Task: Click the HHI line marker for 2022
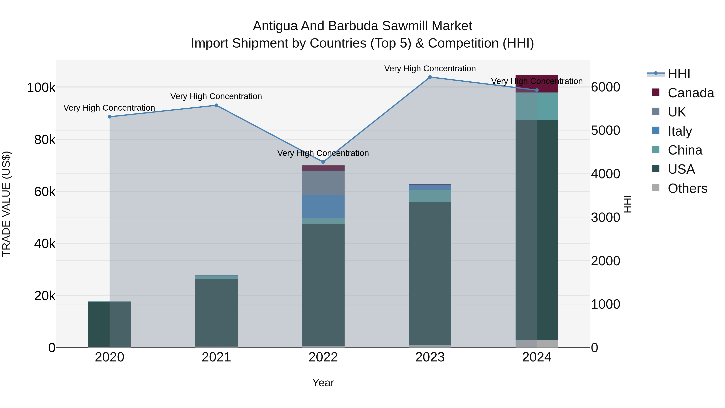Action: pyautogui.click(x=323, y=162)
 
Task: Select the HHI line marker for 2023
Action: pyautogui.click(x=430, y=77)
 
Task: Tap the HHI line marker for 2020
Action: pyautogui.click(x=110, y=117)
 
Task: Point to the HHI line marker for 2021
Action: pyautogui.click(x=216, y=105)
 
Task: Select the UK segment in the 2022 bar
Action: pyautogui.click(x=323, y=183)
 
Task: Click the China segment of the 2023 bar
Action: pyautogui.click(x=430, y=196)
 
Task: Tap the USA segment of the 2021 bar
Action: pyautogui.click(x=216, y=312)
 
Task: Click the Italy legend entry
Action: pyautogui.click(x=679, y=131)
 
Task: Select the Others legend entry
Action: pyautogui.click(x=687, y=188)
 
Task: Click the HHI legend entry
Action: pyautogui.click(x=678, y=74)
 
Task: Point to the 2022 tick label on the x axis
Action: pyautogui.click(x=323, y=357)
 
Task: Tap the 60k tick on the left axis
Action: pyautogui.click(x=45, y=192)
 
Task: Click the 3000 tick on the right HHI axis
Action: pyautogui.click(x=605, y=217)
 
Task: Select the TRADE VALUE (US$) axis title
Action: pyautogui.click(x=6, y=204)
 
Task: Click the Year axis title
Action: pyautogui.click(x=323, y=383)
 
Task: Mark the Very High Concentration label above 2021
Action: pyautogui.click(x=216, y=96)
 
